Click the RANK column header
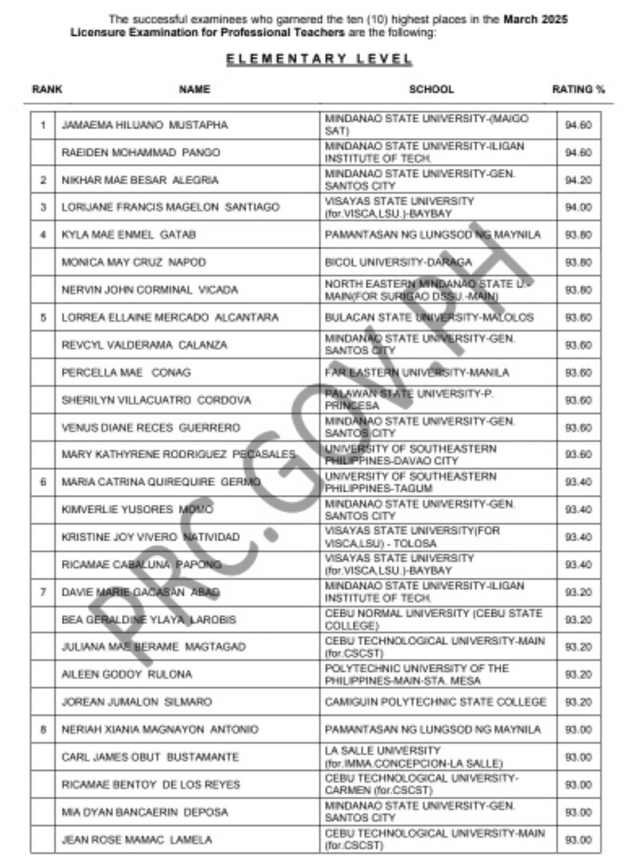tap(47, 89)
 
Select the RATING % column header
tap(578, 89)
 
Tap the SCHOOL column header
tap(431, 89)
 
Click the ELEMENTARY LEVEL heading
tap(319, 59)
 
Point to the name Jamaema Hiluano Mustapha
tap(145, 125)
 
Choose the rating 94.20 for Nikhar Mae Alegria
tap(578, 180)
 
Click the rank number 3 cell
tap(43, 207)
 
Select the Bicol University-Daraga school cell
tap(398, 262)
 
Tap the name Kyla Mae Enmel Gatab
tap(128, 235)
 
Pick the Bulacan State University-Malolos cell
tap(429, 317)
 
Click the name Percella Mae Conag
tap(126, 372)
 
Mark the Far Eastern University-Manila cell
tap(417, 372)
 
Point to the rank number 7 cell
tap(43, 592)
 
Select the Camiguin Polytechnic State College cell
tap(435, 702)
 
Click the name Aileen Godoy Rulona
tap(127, 674)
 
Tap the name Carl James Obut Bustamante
tap(150, 757)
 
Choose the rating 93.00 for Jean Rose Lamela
tap(578, 839)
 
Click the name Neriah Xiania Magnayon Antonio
tap(160, 729)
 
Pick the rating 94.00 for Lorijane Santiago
tap(578, 207)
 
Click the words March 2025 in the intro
tap(535, 20)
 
